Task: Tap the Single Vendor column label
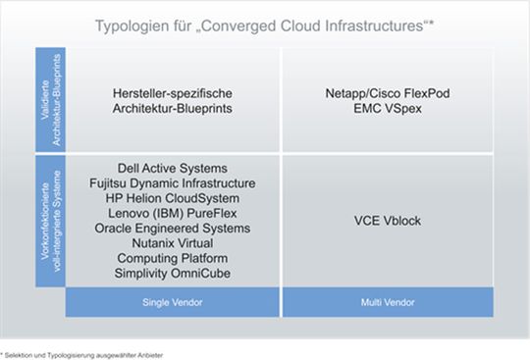click(x=171, y=302)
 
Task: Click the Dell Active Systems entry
click(x=172, y=169)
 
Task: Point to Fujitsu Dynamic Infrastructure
click(x=172, y=183)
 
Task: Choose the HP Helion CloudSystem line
click(x=172, y=198)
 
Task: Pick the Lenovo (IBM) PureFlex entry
click(x=172, y=213)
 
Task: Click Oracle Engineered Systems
click(x=172, y=228)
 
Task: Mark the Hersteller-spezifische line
click(x=172, y=94)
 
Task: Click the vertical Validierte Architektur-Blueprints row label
click(x=49, y=98)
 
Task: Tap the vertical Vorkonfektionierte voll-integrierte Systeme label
click(x=49, y=221)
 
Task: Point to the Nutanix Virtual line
click(x=172, y=242)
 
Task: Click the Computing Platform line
click(x=172, y=257)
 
